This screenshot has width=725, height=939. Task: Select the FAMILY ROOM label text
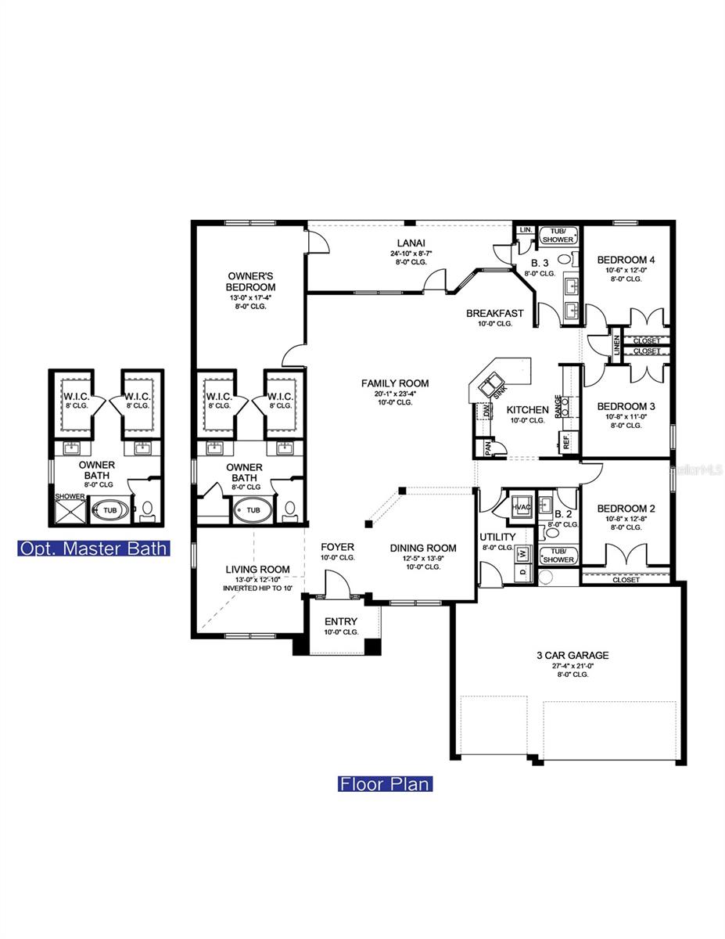click(394, 383)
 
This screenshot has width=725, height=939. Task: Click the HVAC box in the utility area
click(521, 507)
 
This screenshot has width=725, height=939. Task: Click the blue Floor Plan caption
click(384, 783)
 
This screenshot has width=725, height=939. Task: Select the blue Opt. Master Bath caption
click(93, 548)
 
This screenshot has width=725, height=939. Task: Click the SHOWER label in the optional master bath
click(70, 496)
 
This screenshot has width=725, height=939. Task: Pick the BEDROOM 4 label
click(626, 260)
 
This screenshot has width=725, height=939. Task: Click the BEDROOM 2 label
click(625, 508)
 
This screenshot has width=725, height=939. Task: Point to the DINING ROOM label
click(423, 548)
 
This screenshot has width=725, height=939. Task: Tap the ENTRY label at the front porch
click(340, 621)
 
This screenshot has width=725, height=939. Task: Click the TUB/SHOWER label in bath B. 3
click(558, 234)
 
